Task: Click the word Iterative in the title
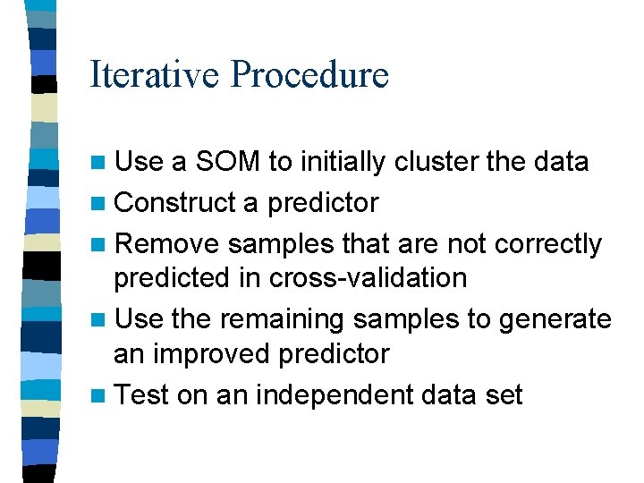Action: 155,74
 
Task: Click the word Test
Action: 142,394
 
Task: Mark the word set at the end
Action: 504,394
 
